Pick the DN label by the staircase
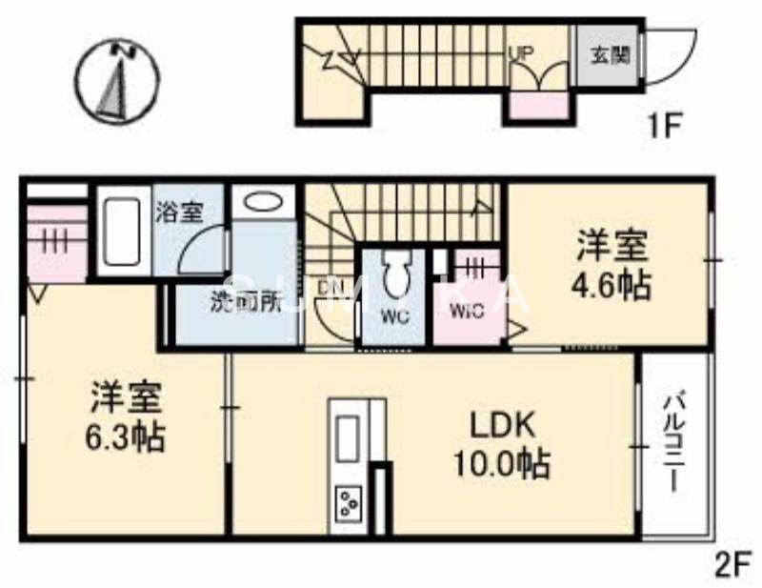click(330, 286)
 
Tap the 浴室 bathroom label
click(178, 212)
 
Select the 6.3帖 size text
click(127, 437)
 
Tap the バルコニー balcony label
click(674, 441)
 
